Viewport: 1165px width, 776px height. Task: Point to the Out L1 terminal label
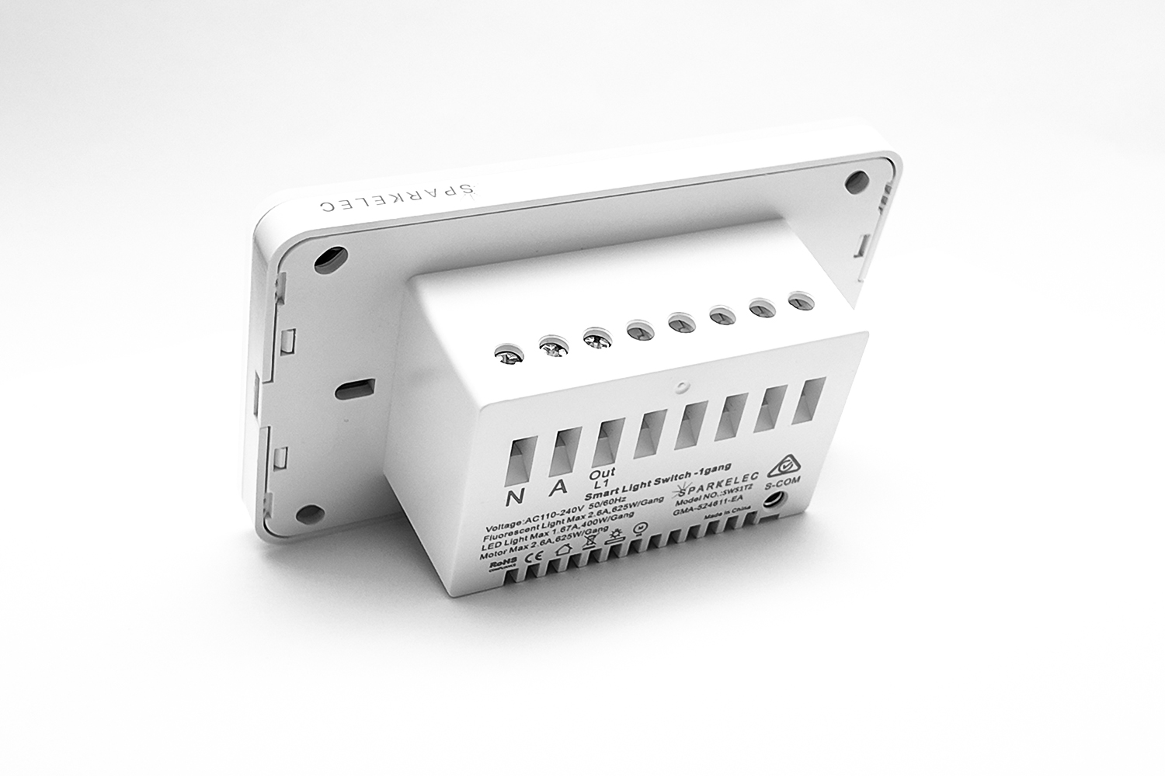(x=602, y=479)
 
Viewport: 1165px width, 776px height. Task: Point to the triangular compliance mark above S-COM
(x=784, y=468)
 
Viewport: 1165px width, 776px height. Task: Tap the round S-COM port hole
(x=773, y=501)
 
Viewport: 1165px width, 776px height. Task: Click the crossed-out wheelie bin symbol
(x=588, y=543)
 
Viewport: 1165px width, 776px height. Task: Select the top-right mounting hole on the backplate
(x=856, y=180)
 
